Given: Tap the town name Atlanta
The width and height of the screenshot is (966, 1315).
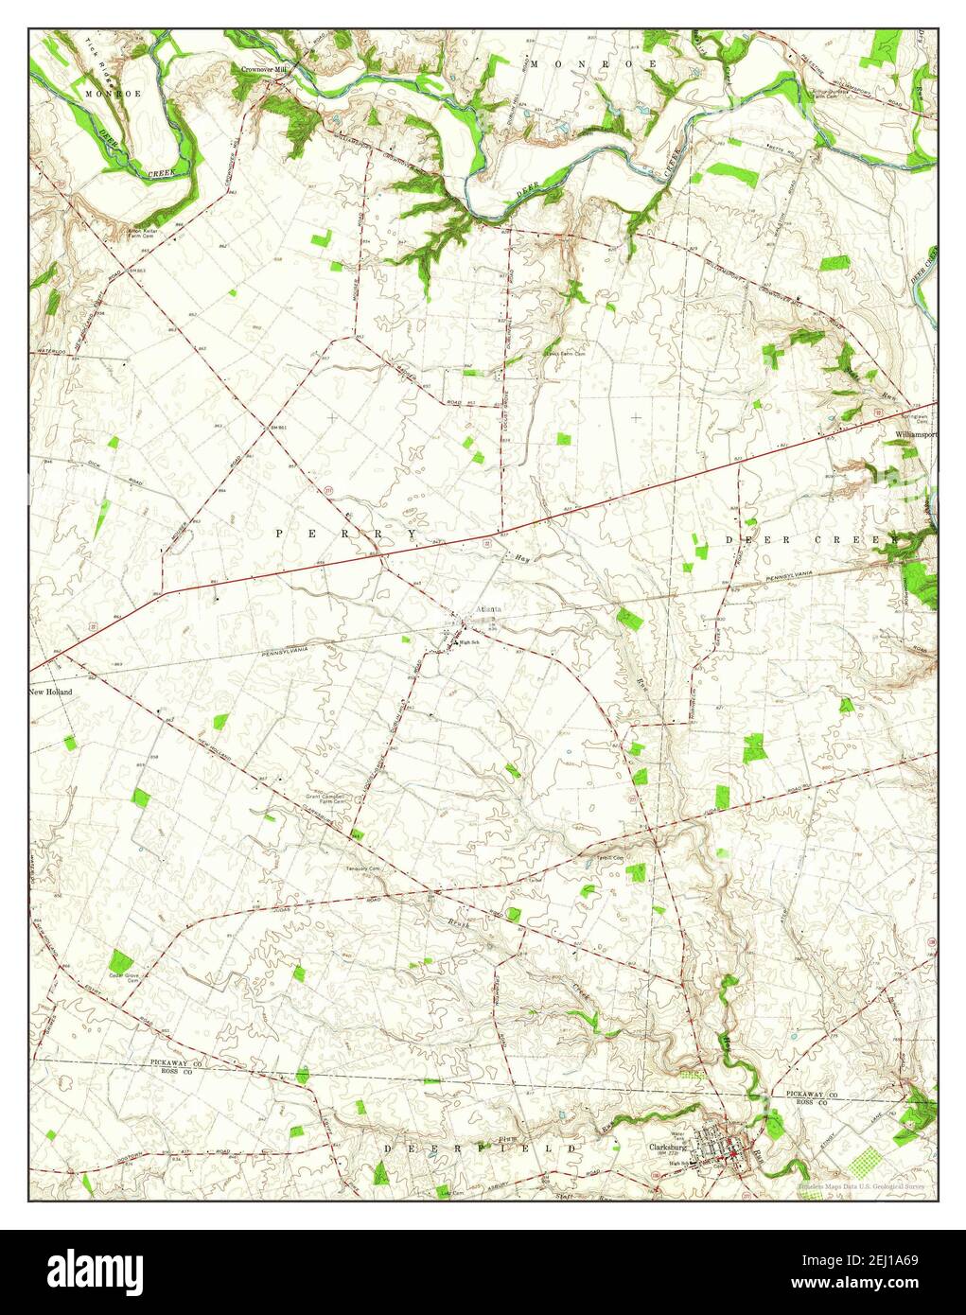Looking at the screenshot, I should tap(490, 609).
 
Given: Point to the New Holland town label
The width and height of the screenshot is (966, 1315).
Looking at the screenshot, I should tap(51, 692).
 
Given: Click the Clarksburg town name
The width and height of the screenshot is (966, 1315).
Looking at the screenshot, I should tap(667, 1148).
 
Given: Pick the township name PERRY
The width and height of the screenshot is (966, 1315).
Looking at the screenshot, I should tap(346, 535).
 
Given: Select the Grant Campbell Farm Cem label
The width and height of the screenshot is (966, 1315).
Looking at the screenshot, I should tap(327, 799).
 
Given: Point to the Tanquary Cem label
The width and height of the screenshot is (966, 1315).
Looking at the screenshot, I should tap(362, 868).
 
